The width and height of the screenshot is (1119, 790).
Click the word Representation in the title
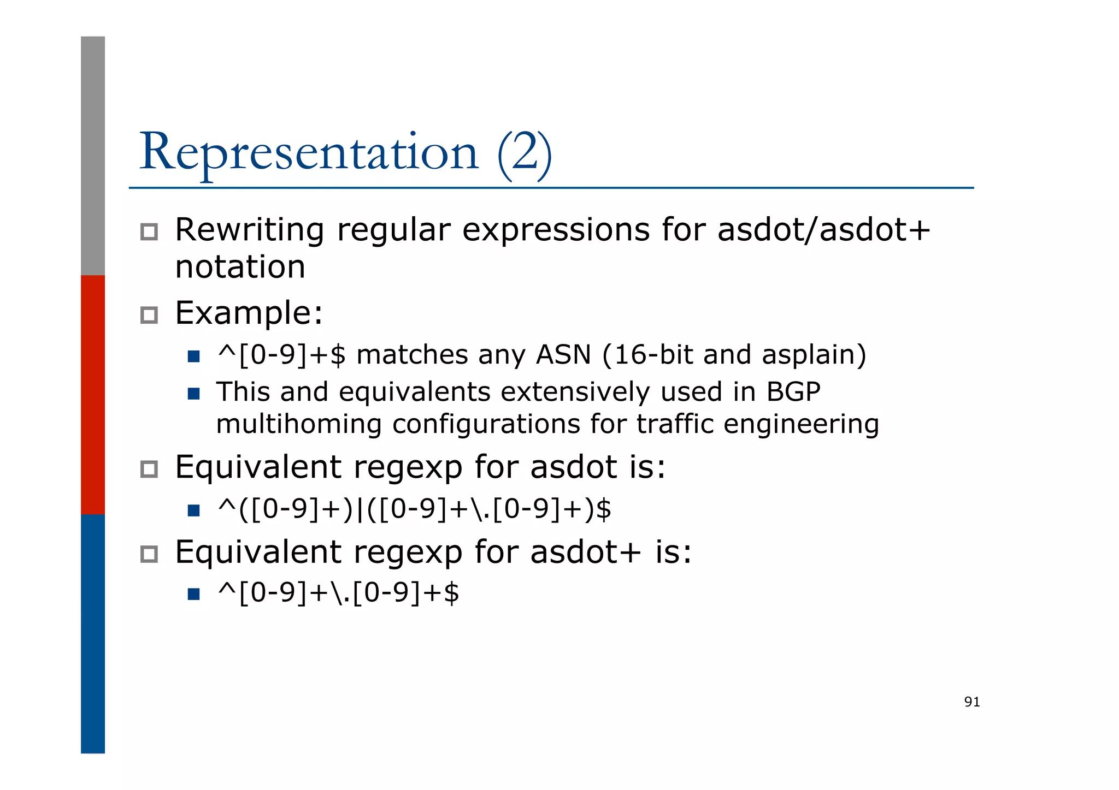point(309,153)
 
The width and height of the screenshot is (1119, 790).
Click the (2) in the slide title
point(525,154)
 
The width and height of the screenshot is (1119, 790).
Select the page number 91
point(972,702)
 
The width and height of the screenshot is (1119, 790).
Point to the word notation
point(240,267)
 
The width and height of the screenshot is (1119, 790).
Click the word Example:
point(249,313)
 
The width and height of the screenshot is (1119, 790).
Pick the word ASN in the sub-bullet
point(563,355)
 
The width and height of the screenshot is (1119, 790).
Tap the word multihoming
point(299,425)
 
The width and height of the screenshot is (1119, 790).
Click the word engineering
point(801,425)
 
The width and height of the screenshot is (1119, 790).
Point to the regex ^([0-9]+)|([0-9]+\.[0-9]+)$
point(414,510)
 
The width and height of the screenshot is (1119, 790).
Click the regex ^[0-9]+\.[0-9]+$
point(338,593)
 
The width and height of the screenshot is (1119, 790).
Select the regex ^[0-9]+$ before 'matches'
point(281,355)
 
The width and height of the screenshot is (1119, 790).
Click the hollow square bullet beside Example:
point(149,315)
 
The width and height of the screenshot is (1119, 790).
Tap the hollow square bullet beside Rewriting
point(149,232)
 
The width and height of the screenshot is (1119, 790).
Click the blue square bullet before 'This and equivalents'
point(193,394)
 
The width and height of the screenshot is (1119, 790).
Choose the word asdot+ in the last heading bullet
point(585,552)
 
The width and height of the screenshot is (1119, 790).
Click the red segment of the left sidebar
point(93,394)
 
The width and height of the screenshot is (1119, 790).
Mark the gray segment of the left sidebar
point(93,156)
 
